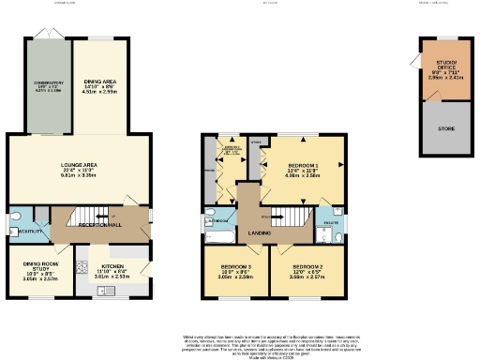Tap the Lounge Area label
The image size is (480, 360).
click(80, 170)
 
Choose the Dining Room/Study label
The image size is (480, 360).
click(40, 272)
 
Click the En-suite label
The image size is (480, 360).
click(331, 222)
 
